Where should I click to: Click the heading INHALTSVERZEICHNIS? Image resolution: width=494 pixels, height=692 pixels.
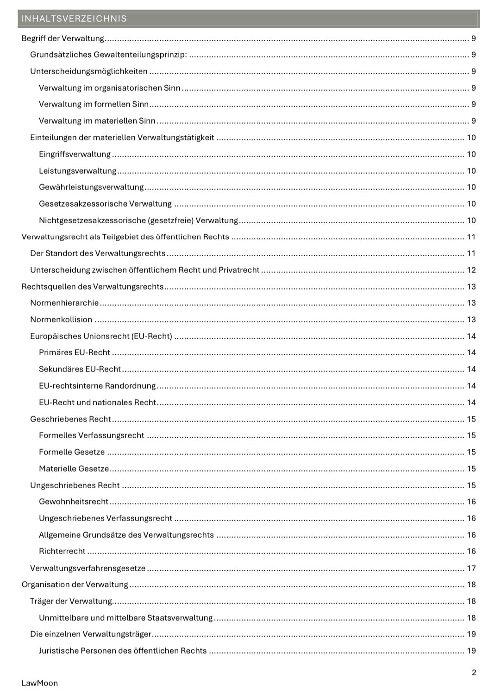pos(74,19)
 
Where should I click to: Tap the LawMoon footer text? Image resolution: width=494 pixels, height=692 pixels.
pos(40,683)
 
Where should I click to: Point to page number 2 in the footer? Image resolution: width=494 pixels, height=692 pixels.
pos(474,673)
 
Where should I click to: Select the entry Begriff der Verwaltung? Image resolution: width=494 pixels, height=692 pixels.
pos(63,38)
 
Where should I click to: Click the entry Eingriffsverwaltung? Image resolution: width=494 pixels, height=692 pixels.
pos(75,154)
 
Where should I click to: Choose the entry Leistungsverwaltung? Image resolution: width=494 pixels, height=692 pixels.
pos(77,171)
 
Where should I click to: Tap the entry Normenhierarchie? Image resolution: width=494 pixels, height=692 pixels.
pos(64,303)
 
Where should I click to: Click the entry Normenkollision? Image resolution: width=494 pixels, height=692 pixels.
pos(61,320)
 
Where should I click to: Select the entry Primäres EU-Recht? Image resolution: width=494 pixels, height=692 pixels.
pos(75,352)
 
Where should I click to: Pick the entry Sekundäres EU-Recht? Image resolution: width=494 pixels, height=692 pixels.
pos(80,369)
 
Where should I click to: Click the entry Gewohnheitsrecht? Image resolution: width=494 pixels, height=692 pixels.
pos(74,502)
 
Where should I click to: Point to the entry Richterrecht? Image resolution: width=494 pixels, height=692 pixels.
pos(62,551)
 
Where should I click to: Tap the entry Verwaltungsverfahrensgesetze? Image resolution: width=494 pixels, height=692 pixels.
pos(88,568)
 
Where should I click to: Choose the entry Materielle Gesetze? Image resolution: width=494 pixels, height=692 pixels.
pos(74,469)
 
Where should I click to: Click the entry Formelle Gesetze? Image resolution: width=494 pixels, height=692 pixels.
pos(72,452)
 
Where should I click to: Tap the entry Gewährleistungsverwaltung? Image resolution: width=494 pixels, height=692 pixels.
pos(91,187)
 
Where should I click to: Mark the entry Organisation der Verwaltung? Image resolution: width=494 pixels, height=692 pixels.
pos(75,585)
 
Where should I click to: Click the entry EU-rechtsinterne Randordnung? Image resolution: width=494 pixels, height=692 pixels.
pos(97,386)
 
